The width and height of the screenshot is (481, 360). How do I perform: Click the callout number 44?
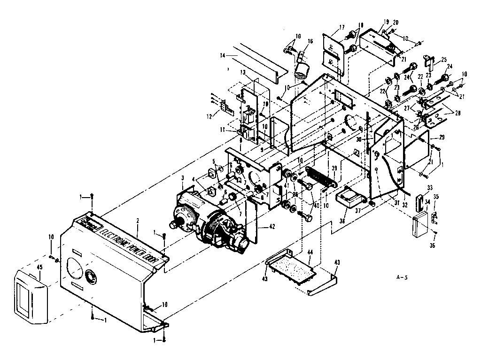310,253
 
